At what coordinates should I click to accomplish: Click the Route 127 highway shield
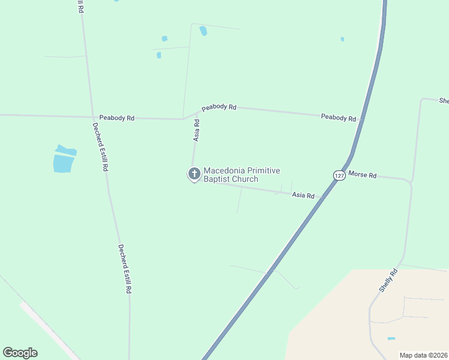(339, 175)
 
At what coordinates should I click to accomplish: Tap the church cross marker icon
(194, 174)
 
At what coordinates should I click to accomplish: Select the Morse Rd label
(363, 175)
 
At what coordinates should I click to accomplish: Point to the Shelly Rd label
(388, 280)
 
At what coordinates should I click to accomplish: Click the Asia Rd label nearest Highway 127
(303, 195)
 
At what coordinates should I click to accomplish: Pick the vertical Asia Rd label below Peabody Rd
(196, 130)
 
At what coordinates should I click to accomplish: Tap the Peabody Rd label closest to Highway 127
(339, 118)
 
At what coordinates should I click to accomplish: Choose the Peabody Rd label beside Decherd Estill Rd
(117, 118)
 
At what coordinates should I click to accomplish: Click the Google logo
(20, 353)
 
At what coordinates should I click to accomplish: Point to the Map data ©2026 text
(424, 355)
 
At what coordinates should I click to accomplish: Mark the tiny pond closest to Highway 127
(342, 39)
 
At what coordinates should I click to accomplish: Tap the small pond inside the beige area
(391, 338)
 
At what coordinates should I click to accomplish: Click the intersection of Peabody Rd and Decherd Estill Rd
(92, 116)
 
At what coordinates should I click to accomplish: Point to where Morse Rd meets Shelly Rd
(411, 181)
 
